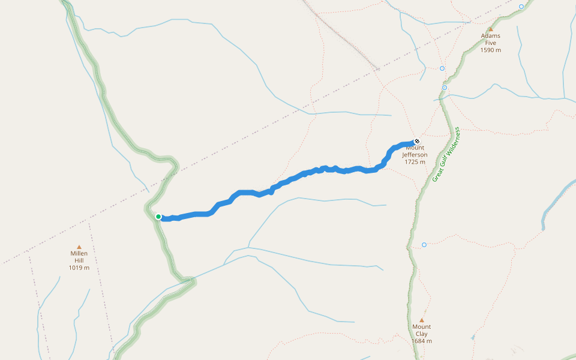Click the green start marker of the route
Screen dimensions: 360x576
(x=158, y=217)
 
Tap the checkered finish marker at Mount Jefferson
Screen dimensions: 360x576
(x=417, y=142)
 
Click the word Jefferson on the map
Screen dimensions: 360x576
(x=415, y=155)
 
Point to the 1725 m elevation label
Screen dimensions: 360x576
(x=415, y=162)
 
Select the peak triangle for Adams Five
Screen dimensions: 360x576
(x=490, y=29)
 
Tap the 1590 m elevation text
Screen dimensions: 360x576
(x=490, y=50)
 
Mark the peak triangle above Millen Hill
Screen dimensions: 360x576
(x=79, y=246)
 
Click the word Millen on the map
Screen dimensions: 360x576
(x=79, y=253)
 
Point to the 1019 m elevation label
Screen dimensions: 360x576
(x=79, y=268)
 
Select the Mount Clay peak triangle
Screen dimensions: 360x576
(x=421, y=320)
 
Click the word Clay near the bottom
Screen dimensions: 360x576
(x=421, y=334)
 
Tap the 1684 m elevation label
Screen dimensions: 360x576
(x=421, y=341)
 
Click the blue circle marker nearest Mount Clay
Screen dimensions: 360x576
(x=424, y=245)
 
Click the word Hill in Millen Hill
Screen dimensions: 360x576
(x=79, y=260)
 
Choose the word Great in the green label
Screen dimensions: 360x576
(x=437, y=175)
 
